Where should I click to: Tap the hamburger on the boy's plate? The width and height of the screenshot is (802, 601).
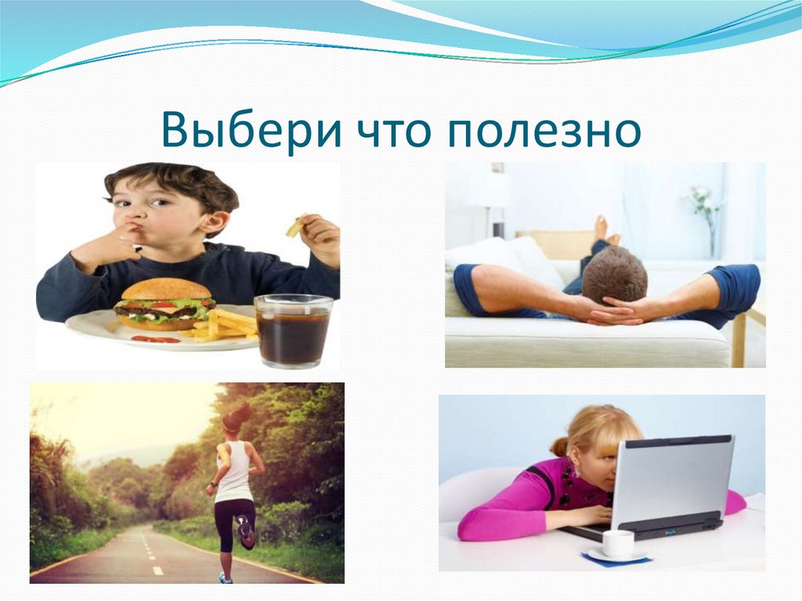pos(164,304)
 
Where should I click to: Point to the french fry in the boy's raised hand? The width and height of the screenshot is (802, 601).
pos(294,228)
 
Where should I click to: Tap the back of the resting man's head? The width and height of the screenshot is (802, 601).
pos(614,275)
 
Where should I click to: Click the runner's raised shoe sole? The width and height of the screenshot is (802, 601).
pos(245,532)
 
